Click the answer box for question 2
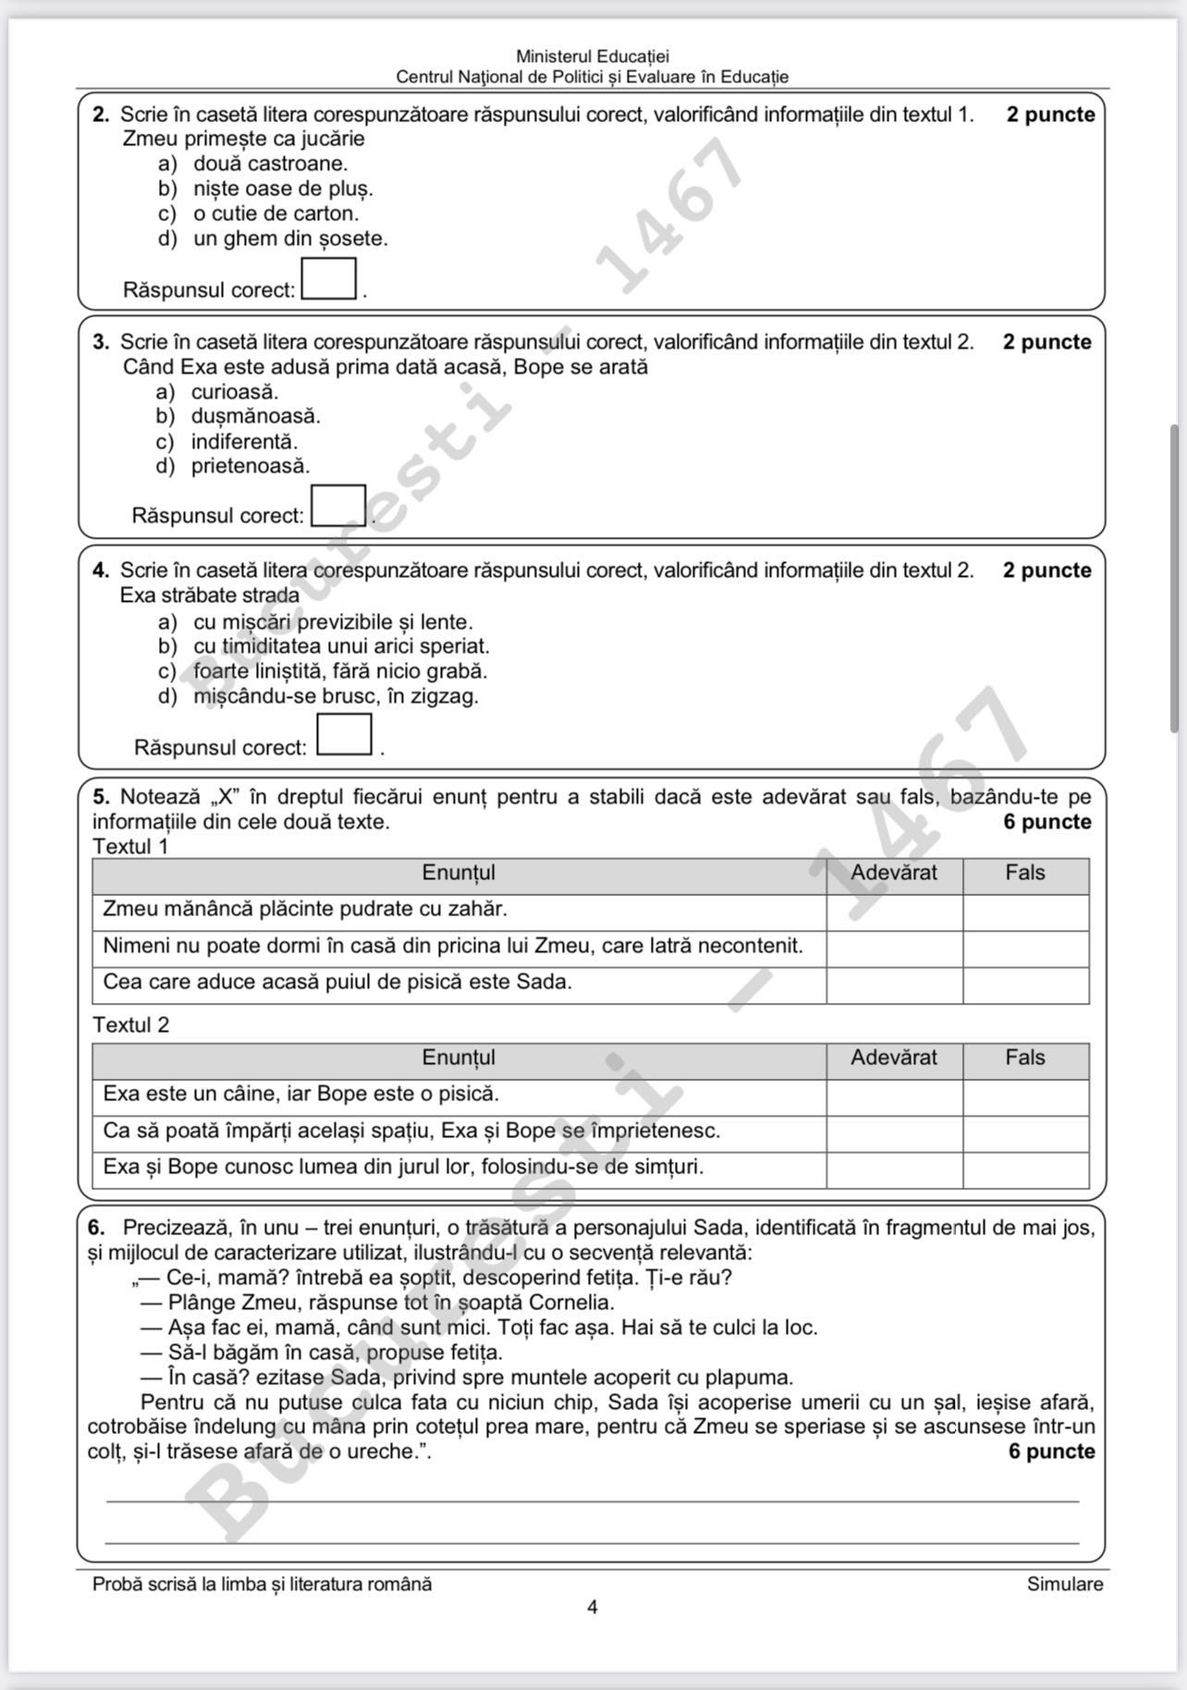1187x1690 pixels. pos(329,278)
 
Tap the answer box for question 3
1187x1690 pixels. pos(338,505)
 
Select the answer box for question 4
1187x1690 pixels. pos(344,734)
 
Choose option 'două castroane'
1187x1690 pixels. pos(270,164)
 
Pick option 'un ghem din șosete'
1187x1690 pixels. pos(290,239)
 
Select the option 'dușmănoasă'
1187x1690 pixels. pos(255,416)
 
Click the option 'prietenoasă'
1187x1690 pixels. pos(251,466)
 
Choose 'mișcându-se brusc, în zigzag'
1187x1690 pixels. pos(336,696)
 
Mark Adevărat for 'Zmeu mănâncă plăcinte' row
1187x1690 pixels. pos(894,912)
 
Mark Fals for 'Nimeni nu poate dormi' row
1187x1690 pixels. pos(1025,949)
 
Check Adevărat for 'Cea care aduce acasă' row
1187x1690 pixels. pos(894,986)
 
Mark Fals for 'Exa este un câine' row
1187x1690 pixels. pos(1025,1097)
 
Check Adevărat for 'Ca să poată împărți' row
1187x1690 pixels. pos(894,1134)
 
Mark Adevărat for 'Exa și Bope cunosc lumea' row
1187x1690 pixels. pos(894,1170)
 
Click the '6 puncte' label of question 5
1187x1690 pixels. pos(1046,822)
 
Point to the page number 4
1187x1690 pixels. pos(593,1608)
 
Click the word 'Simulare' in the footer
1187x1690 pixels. pos(1064,1584)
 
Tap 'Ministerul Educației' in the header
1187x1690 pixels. pos(593,57)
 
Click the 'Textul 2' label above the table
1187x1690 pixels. pos(131,1025)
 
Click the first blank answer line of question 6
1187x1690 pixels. pos(593,1500)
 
